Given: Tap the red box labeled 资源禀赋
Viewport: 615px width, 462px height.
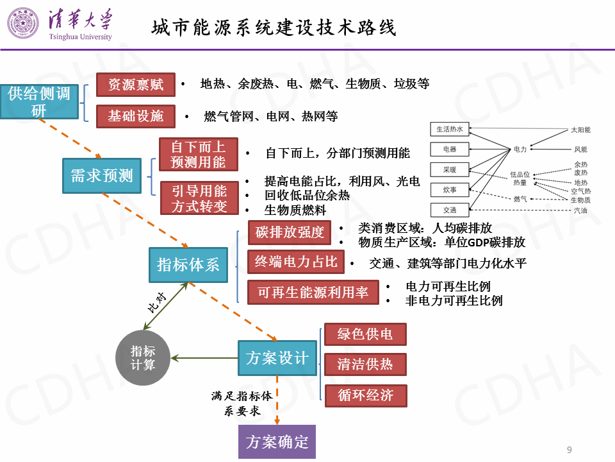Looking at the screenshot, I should [x=135, y=85].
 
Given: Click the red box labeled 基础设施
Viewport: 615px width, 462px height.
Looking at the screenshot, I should [x=135, y=116].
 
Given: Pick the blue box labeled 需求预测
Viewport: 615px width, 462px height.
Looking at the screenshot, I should [x=101, y=175].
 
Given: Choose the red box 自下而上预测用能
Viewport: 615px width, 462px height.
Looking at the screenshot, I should [x=198, y=155].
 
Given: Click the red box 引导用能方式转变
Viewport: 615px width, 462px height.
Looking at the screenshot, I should [x=198, y=198].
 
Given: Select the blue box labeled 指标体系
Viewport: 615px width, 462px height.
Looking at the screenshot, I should [x=188, y=264].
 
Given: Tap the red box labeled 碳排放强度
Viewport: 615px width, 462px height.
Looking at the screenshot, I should [x=290, y=232].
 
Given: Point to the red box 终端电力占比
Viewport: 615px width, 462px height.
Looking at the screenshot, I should [x=295, y=262].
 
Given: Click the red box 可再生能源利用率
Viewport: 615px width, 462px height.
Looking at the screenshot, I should [x=313, y=293].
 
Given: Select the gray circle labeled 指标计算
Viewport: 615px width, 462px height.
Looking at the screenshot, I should [x=143, y=358].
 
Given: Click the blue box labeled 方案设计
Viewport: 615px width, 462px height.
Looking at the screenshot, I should [x=277, y=358].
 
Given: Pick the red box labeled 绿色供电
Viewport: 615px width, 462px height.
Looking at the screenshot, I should [x=365, y=334].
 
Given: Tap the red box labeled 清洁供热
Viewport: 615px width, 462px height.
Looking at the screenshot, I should [x=365, y=364].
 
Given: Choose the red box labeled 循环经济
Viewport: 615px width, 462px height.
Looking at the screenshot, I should [x=365, y=395].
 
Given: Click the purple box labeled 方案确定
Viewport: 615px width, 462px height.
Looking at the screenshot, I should [x=277, y=441].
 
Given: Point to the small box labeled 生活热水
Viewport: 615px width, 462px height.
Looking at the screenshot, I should [x=449, y=129].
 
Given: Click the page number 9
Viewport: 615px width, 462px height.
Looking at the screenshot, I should [x=570, y=449].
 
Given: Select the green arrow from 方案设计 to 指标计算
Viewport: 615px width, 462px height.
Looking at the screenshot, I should [x=204, y=358].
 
